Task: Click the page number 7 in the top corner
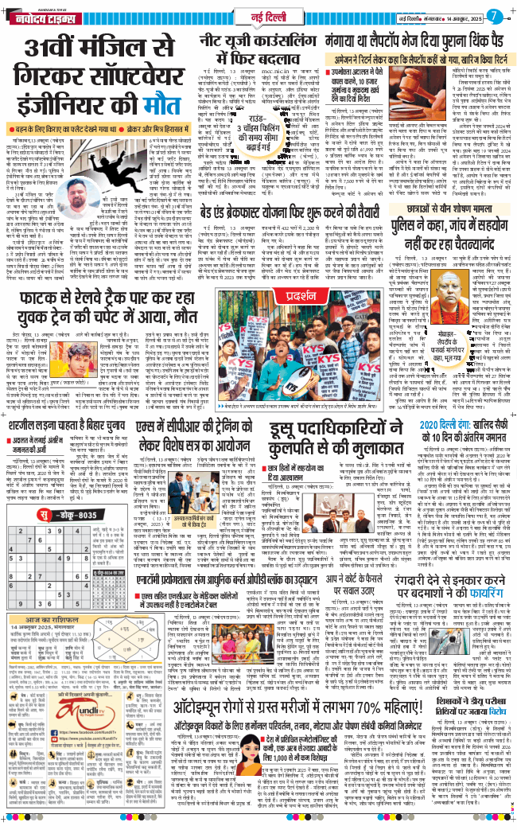tap(495, 14)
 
